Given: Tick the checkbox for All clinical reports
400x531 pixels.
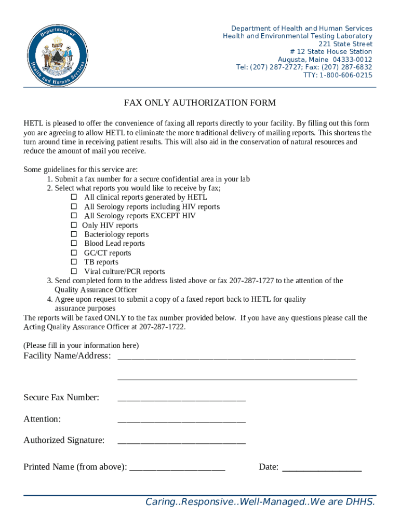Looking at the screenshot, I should click(74, 198).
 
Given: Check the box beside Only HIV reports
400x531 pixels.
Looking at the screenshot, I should click(74, 226).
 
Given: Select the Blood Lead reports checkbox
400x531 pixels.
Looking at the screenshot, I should click(74, 244).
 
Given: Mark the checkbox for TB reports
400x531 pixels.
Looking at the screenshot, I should click(74, 262).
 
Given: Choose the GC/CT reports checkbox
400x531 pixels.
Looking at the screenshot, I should click(74, 253).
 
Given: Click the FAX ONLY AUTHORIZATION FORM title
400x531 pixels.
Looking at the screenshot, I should click(199, 103).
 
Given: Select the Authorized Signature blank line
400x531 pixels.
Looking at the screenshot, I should click(181, 442).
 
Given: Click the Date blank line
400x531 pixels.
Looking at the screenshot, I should click(321, 468).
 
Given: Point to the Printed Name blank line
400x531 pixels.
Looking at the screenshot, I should click(177, 468).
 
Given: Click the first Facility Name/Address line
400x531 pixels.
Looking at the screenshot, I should click(236, 357).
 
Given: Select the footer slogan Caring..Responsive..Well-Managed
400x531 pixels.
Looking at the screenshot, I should click(260, 502).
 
